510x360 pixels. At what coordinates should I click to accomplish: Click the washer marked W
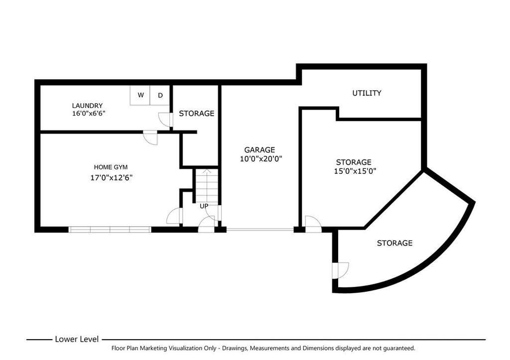[x=140, y=95]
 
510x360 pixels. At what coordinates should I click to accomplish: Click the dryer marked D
[x=160, y=95]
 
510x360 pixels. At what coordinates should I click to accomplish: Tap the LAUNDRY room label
[x=87, y=106]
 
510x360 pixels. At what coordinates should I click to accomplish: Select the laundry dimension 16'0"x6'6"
[x=89, y=114]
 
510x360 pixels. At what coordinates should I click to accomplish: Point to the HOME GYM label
[x=111, y=167]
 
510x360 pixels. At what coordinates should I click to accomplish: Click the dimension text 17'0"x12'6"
[x=111, y=178]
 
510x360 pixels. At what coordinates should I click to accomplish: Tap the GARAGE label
[x=259, y=150]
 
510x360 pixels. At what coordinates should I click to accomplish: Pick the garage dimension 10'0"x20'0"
[x=261, y=159]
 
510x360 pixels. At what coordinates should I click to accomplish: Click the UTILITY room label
[x=367, y=93]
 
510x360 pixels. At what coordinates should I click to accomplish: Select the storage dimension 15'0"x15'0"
[x=355, y=171]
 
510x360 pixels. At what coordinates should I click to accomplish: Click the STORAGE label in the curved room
[x=394, y=243]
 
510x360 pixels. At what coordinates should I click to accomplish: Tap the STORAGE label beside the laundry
[x=196, y=114]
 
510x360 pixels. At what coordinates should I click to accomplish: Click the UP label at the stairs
[x=204, y=206]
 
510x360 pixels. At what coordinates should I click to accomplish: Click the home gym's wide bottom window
[x=110, y=230]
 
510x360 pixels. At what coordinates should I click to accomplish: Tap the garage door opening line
[x=260, y=230]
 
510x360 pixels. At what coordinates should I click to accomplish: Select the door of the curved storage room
[x=340, y=270]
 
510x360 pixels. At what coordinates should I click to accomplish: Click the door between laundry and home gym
[x=150, y=137]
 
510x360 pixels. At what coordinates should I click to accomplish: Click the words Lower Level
[x=77, y=339]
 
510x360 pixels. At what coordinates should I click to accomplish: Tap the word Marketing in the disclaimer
[x=154, y=348]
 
